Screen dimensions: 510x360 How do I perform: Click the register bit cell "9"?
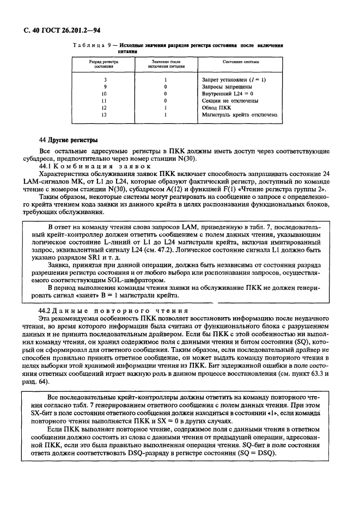[x=104, y=87]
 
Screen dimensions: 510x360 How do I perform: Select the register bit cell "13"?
[x=104, y=115]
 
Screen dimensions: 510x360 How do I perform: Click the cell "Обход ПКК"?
[x=216, y=108]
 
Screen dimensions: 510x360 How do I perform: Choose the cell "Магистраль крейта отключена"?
[x=240, y=115]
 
